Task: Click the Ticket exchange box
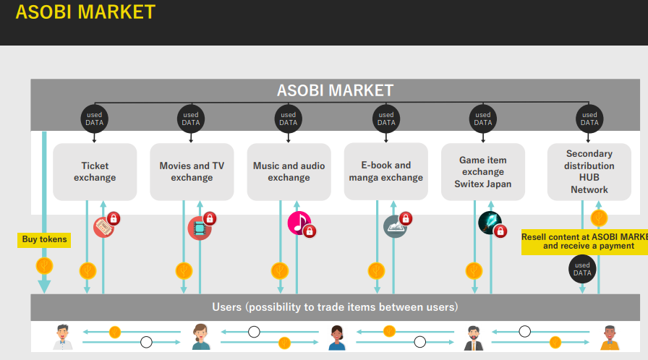click(95, 172)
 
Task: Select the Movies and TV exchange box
click(192, 172)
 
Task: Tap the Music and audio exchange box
click(289, 172)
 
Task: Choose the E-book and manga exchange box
click(385, 171)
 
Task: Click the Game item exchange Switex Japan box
click(483, 172)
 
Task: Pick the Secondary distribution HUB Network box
click(589, 172)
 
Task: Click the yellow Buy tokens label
click(44, 239)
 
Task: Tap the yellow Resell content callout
click(584, 241)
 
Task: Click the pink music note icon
click(298, 223)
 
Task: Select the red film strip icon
click(199, 228)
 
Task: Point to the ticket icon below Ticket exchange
click(104, 228)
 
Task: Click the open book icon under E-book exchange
click(395, 227)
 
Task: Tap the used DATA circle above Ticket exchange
click(95, 119)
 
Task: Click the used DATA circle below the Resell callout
click(582, 270)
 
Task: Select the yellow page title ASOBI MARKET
click(85, 12)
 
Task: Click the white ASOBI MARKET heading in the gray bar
click(335, 90)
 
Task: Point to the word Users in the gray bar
click(226, 307)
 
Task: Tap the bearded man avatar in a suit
click(474, 337)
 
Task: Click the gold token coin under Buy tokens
click(45, 265)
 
